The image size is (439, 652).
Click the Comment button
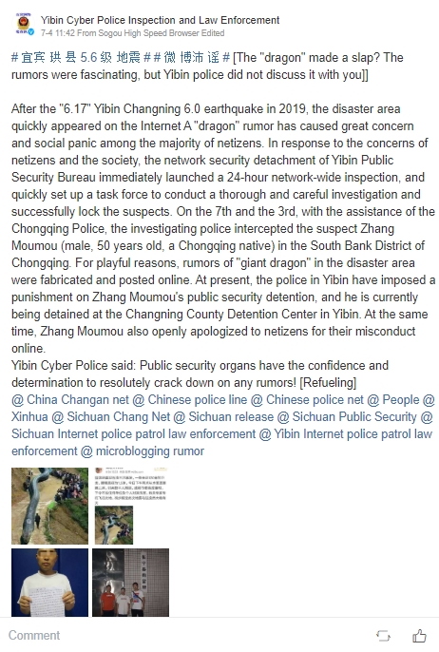click(33, 634)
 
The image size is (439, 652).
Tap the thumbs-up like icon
click(419, 635)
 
